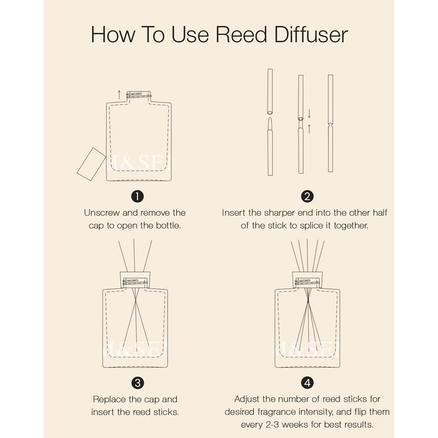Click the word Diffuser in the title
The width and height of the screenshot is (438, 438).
coord(311,34)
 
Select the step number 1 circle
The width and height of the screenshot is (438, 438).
coord(137,197)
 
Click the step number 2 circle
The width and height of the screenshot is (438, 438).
coord(307,197)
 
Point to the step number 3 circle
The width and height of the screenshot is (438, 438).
coord(137,383)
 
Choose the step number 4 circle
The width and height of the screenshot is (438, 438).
coord(307,383)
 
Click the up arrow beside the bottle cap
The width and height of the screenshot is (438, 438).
coord(119,95)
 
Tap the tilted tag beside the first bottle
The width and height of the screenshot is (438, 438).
coord(91,164)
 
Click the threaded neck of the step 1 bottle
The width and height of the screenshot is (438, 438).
coord(139,95)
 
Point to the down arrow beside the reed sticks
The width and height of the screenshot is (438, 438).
coord(309,113)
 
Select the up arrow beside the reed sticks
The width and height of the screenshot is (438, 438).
coord(309,129)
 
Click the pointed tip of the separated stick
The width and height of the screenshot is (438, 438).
coord(270,118)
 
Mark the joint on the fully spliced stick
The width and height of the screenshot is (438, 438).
coord(331,124)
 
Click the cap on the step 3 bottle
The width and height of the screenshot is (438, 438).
coord(135,280)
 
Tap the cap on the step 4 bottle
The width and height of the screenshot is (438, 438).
coord(308,280)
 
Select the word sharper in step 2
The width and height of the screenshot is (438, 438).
coord(279,213)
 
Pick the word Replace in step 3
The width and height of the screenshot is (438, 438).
coord(109,400)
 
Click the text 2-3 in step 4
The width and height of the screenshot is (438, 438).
coord(272,425)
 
